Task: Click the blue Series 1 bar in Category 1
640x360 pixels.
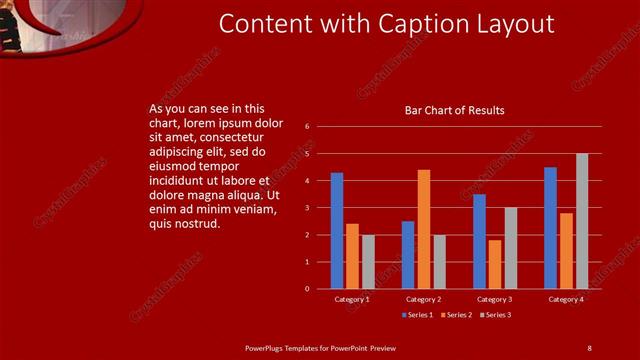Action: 337,231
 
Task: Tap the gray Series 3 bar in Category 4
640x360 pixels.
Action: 582,221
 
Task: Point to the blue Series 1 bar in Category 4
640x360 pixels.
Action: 550,228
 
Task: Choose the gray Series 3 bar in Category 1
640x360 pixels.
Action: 368,262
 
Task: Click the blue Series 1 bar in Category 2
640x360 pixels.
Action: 408,255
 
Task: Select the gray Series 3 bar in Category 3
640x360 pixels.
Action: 510,248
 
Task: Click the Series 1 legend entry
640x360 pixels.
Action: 418,315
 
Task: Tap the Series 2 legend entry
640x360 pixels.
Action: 457,315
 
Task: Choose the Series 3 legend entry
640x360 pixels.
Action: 496,315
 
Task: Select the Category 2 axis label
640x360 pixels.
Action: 424,299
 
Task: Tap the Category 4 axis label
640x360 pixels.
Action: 566,299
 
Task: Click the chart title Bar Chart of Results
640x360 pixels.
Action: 454,110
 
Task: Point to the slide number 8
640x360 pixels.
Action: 589,347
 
